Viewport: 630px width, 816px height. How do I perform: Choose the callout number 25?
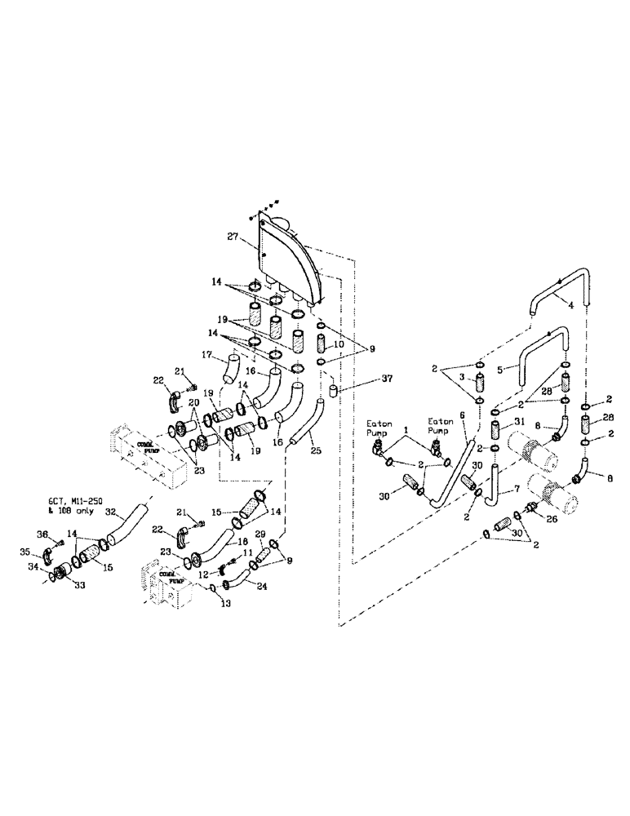coord(315,450)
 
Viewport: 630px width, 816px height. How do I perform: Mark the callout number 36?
coord(44,534)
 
